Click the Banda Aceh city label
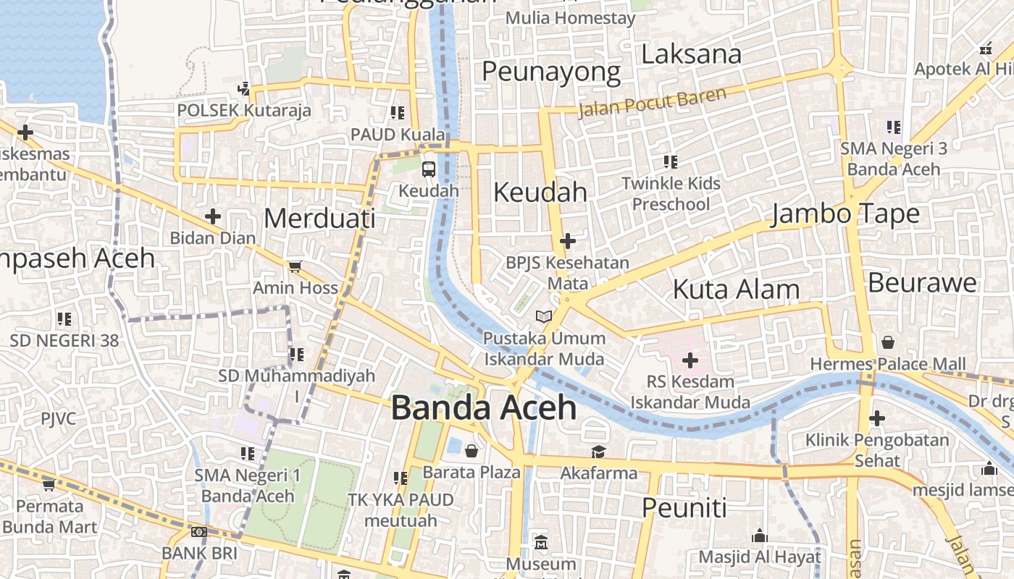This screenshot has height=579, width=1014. pos(484,408)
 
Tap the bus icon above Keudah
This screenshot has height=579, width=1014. pos(429,169)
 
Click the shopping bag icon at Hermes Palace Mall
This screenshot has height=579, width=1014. pos(888,342)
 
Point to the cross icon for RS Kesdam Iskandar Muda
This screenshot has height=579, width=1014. pos(690,359)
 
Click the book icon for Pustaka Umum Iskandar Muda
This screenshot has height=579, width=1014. pos(544,316)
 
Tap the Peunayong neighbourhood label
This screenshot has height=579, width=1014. pos(551,72)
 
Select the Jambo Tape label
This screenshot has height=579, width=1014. pos(845,214)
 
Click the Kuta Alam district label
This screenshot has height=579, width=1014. pos(736,289)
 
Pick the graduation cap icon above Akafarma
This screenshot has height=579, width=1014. pos(598,452)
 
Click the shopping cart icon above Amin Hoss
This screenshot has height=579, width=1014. pos(294,266)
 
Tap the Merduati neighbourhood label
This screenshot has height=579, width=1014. pos(319,218)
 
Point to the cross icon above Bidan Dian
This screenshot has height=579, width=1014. pos(212,216)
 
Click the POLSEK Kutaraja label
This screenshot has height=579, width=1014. pos(244,111)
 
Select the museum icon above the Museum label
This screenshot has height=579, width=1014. pos(541,542)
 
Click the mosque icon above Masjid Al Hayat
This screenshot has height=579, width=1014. pos(759,536)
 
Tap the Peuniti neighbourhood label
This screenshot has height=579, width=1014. pos(684,508)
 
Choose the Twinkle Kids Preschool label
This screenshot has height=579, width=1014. pos(671,193)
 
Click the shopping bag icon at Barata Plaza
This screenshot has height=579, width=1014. pos(472,452)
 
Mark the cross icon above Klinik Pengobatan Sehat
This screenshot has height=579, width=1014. pos(877,418)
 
